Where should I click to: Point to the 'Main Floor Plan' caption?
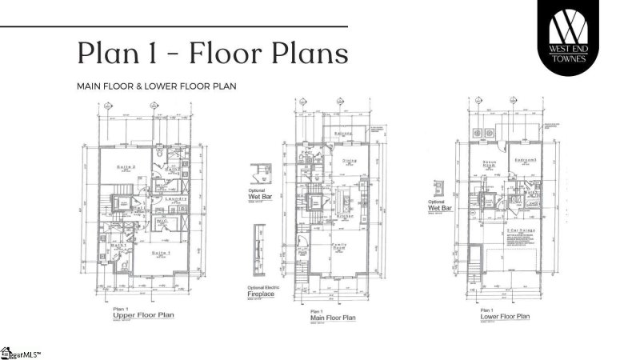point(330,318)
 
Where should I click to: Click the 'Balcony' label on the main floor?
point(343,134)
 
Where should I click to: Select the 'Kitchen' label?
point(346,216)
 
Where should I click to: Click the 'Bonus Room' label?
point(490,165)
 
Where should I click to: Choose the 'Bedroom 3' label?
point(524,159)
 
